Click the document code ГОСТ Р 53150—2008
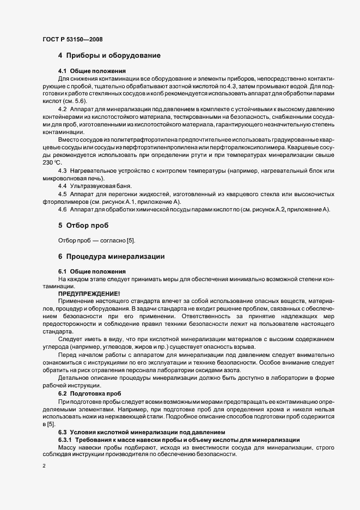pyautogui.click(x=73, y=39)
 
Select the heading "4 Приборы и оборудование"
pyautogui.click(x=109, y=56)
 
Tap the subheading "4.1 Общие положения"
pyautogui.click(x=92, y=71)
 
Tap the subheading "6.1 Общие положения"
pyautogui.click(x=92, y=271)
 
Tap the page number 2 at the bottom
pyautogui.click(x=44, y=466)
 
